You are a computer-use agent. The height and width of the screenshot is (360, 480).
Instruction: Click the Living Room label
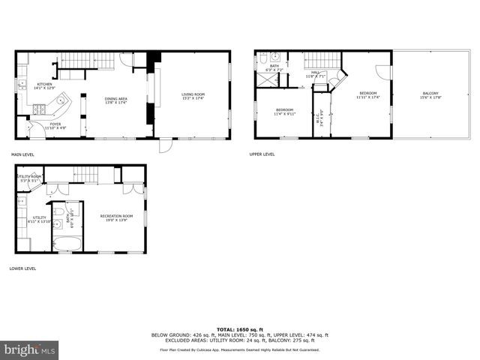(x=193, y=95)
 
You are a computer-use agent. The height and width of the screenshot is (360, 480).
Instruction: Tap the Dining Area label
(x=115, y=100)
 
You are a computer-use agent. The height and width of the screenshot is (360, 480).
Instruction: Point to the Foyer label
(x=55, y=126)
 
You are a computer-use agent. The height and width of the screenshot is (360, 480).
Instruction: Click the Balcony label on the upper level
(x=430, y=95)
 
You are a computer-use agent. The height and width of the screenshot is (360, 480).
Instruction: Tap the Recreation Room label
(x=116, y=217)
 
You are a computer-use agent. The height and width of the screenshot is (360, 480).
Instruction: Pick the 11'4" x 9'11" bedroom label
(x=284, y=112)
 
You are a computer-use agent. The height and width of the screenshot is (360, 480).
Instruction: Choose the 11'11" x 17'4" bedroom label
(x=367, y=95)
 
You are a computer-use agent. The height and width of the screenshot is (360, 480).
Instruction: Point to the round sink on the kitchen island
(x=60, y=100)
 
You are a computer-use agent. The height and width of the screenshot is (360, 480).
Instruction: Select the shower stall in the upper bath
(x=267, y=79)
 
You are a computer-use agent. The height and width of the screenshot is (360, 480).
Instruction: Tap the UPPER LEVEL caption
(x=262, y=154)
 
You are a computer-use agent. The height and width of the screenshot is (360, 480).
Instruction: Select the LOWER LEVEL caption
(x=22, y=268)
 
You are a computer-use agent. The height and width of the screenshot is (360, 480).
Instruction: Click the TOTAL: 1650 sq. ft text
(x=239, y=329)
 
